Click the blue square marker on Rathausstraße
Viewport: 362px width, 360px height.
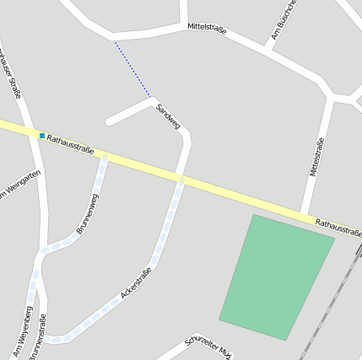[41, 135]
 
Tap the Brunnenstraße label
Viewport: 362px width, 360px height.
[38, 339]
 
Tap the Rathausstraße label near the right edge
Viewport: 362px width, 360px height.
[338, 226]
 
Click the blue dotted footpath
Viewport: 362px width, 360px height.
[132, 68]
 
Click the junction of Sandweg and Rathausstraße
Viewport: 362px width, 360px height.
[181, 179]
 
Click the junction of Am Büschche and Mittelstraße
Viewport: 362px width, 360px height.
[267, 49]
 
